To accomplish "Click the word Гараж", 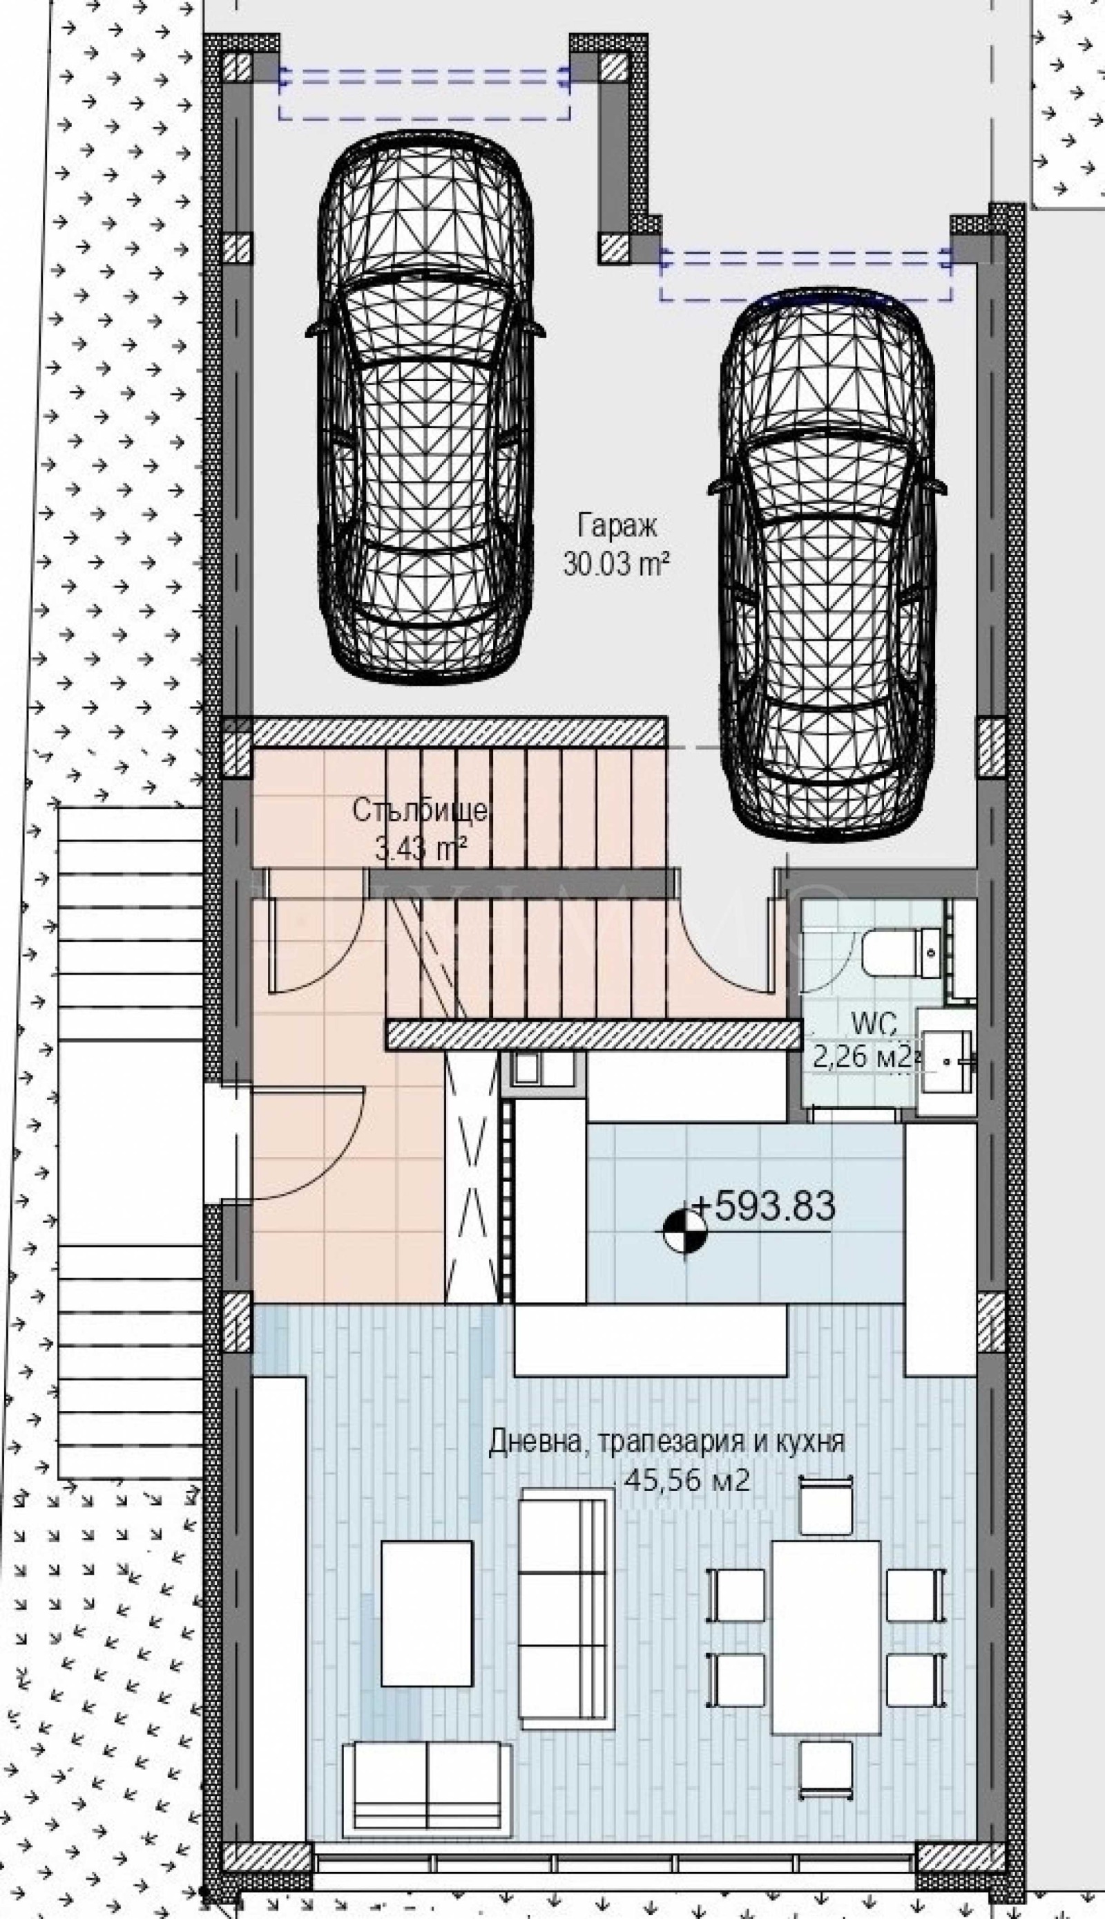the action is (617, 525).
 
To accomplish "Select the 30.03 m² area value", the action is (616, 563).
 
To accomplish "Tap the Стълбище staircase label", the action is (420, 811).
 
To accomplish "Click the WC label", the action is (874, 1024).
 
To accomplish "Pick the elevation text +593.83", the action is (763, 1205).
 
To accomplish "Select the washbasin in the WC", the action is (945, 1062).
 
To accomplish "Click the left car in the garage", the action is (425, 406).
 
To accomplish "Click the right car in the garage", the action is (827, 563).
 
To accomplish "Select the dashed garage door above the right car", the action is (806, 274).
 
